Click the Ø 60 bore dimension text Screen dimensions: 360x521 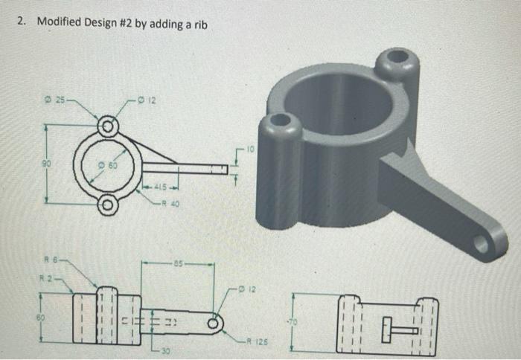coord(109,163)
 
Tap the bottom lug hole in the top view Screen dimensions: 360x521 coord(109,204)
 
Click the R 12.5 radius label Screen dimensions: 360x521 coord(255,344)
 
